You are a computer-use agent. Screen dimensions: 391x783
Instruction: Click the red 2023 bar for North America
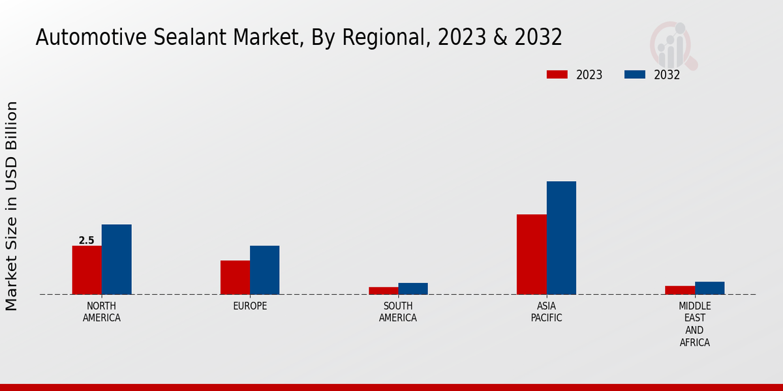[87, 270]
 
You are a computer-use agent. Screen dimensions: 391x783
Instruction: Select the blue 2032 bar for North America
[116, 259]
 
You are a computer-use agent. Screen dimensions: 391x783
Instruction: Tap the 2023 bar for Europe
[235, 277]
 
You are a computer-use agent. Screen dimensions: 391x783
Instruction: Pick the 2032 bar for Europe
[264, 270]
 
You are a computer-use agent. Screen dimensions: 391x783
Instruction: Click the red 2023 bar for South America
[383, 291]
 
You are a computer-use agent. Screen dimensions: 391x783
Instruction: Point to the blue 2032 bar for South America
[413, 289]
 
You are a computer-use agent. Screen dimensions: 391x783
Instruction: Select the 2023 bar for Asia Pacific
[531, 254]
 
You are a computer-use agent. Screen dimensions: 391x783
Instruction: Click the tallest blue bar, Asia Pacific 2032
[561, 238]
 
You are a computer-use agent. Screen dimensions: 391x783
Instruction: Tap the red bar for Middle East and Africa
[680, 290]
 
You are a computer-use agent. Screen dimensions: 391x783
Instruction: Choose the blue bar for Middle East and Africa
[709, 288]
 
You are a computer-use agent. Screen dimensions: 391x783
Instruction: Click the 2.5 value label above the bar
[87, 240]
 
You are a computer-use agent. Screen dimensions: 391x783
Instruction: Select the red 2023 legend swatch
[557, 75]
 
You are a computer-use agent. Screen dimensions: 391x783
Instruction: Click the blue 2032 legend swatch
[634, 75]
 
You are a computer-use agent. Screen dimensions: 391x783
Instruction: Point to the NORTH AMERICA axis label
[102, 312]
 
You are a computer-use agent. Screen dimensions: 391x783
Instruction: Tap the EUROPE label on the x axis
[250, 306]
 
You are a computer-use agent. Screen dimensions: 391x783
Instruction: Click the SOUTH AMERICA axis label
[398, 312]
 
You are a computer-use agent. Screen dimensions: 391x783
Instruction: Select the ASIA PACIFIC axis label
[546, 312]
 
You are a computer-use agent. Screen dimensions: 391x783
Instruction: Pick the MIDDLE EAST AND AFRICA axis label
[694, 324]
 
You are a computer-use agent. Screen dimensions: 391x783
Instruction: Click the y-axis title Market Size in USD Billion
[12, 206]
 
